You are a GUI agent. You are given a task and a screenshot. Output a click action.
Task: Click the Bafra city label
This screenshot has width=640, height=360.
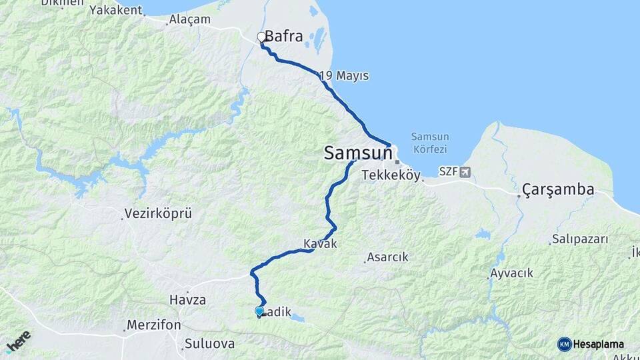(284, 37)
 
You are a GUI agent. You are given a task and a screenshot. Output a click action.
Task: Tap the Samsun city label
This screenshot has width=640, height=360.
(357, 153)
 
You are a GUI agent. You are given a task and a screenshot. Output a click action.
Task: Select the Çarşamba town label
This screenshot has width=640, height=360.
(558, 190)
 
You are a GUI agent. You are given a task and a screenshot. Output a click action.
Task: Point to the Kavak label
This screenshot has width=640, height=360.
(320, 245)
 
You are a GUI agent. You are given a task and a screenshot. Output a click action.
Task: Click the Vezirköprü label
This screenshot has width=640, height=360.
(158, 214)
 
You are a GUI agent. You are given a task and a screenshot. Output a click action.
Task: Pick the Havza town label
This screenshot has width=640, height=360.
(187, 300)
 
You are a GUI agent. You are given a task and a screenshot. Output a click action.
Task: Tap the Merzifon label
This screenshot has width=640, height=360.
(155, 325)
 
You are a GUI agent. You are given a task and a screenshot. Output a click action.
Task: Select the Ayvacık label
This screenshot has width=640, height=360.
(511, 273)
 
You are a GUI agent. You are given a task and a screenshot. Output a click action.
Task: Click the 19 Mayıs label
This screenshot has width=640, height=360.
(345, 76)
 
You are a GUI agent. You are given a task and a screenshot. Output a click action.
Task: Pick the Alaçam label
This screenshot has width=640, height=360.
(190, 20)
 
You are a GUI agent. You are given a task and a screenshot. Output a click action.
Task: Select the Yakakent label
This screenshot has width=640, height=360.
(116, 10)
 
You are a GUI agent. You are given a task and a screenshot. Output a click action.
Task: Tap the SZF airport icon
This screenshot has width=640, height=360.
(465, 171)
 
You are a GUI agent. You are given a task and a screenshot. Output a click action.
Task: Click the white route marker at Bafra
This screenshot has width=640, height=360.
(261, 37)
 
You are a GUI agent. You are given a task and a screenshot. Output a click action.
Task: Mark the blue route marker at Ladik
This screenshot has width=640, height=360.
(259, 311)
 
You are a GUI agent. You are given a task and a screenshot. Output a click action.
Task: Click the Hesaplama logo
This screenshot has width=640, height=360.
(591, 344)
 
